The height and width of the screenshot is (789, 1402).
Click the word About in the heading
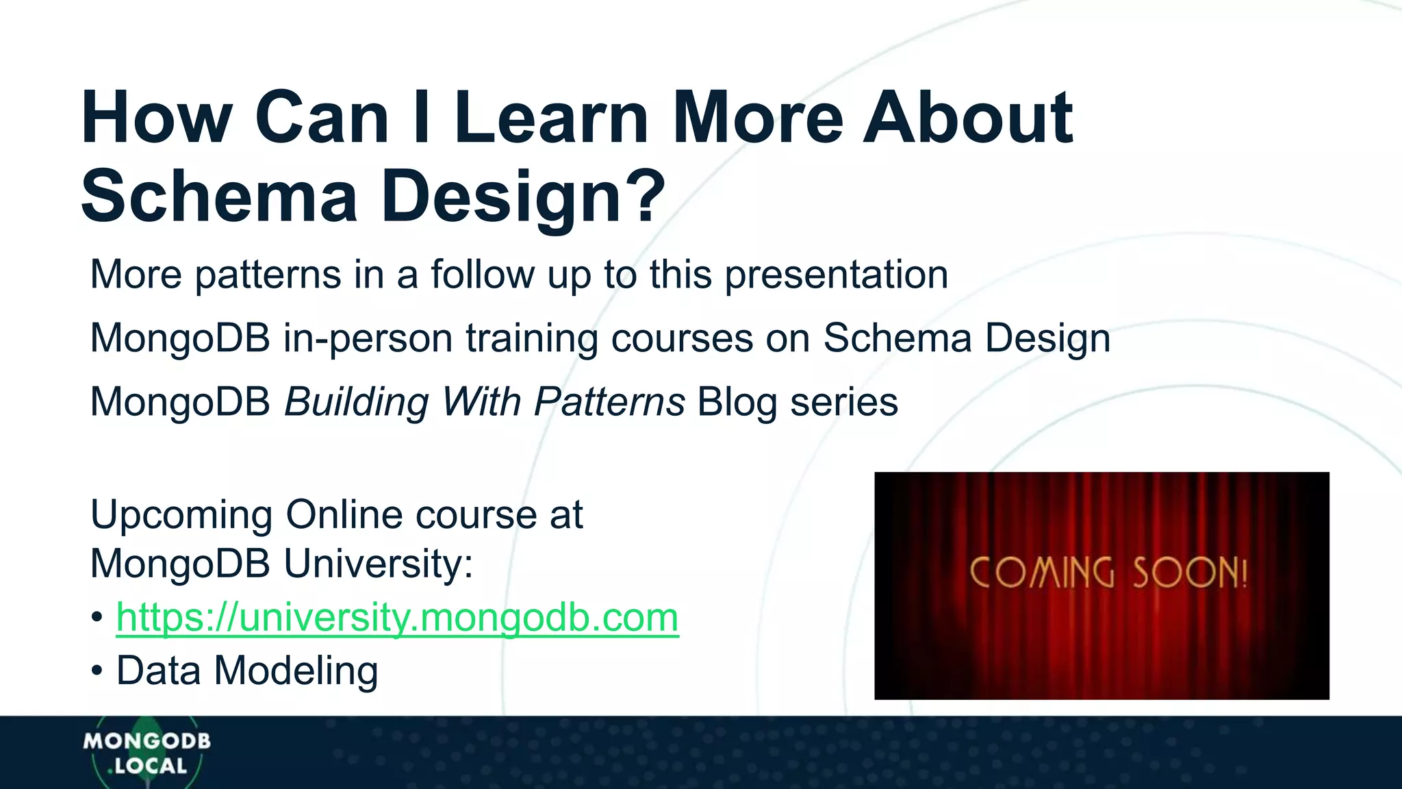(967, 118)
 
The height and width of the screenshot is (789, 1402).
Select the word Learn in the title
(551, 118)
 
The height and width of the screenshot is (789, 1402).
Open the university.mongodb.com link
(397, 617)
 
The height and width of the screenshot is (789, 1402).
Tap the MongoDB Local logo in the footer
(146, 753)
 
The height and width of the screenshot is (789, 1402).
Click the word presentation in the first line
(836, 275)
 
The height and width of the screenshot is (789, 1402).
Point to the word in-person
(368, 338)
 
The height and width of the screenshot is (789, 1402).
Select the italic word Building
(356, 401)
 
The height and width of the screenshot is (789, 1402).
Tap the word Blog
(737, 403)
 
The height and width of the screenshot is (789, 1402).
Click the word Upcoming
(181, 516)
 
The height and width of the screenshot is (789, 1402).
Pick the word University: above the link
(378, 564)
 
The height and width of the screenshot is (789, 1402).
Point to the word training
(532, 338)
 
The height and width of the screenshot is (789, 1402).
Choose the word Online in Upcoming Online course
(344, 514)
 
